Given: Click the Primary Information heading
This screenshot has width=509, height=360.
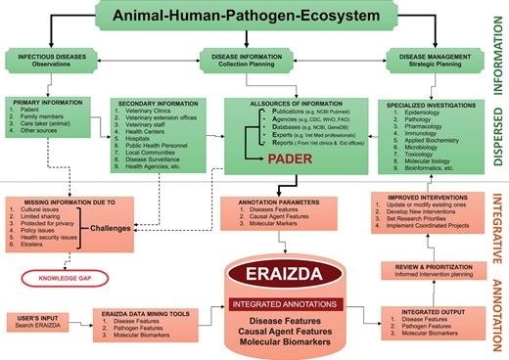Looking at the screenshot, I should [x=45, y=101].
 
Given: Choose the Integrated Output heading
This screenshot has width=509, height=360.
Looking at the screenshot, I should [x=418, y=309].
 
